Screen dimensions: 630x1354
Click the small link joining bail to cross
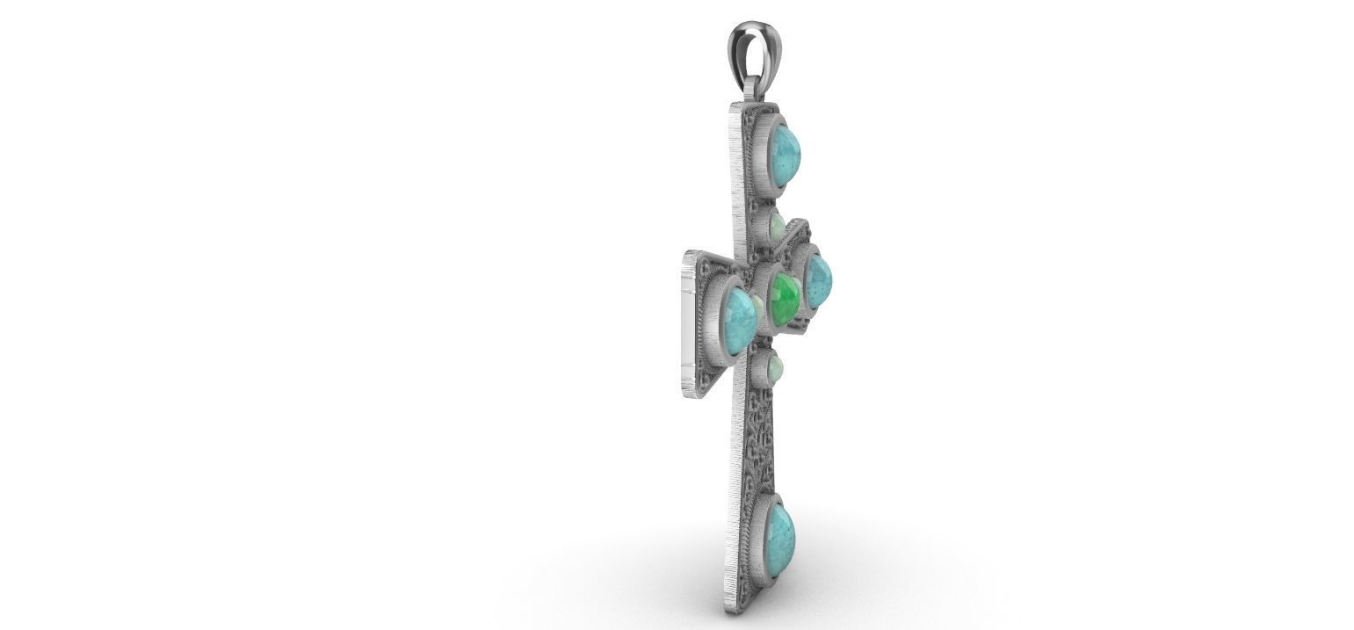point(755,91)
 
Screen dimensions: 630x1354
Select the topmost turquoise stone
point(784,150)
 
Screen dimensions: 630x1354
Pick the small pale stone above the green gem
point(776,227)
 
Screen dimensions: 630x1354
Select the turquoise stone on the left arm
point(739,318)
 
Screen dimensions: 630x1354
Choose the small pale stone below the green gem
point(774,370)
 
